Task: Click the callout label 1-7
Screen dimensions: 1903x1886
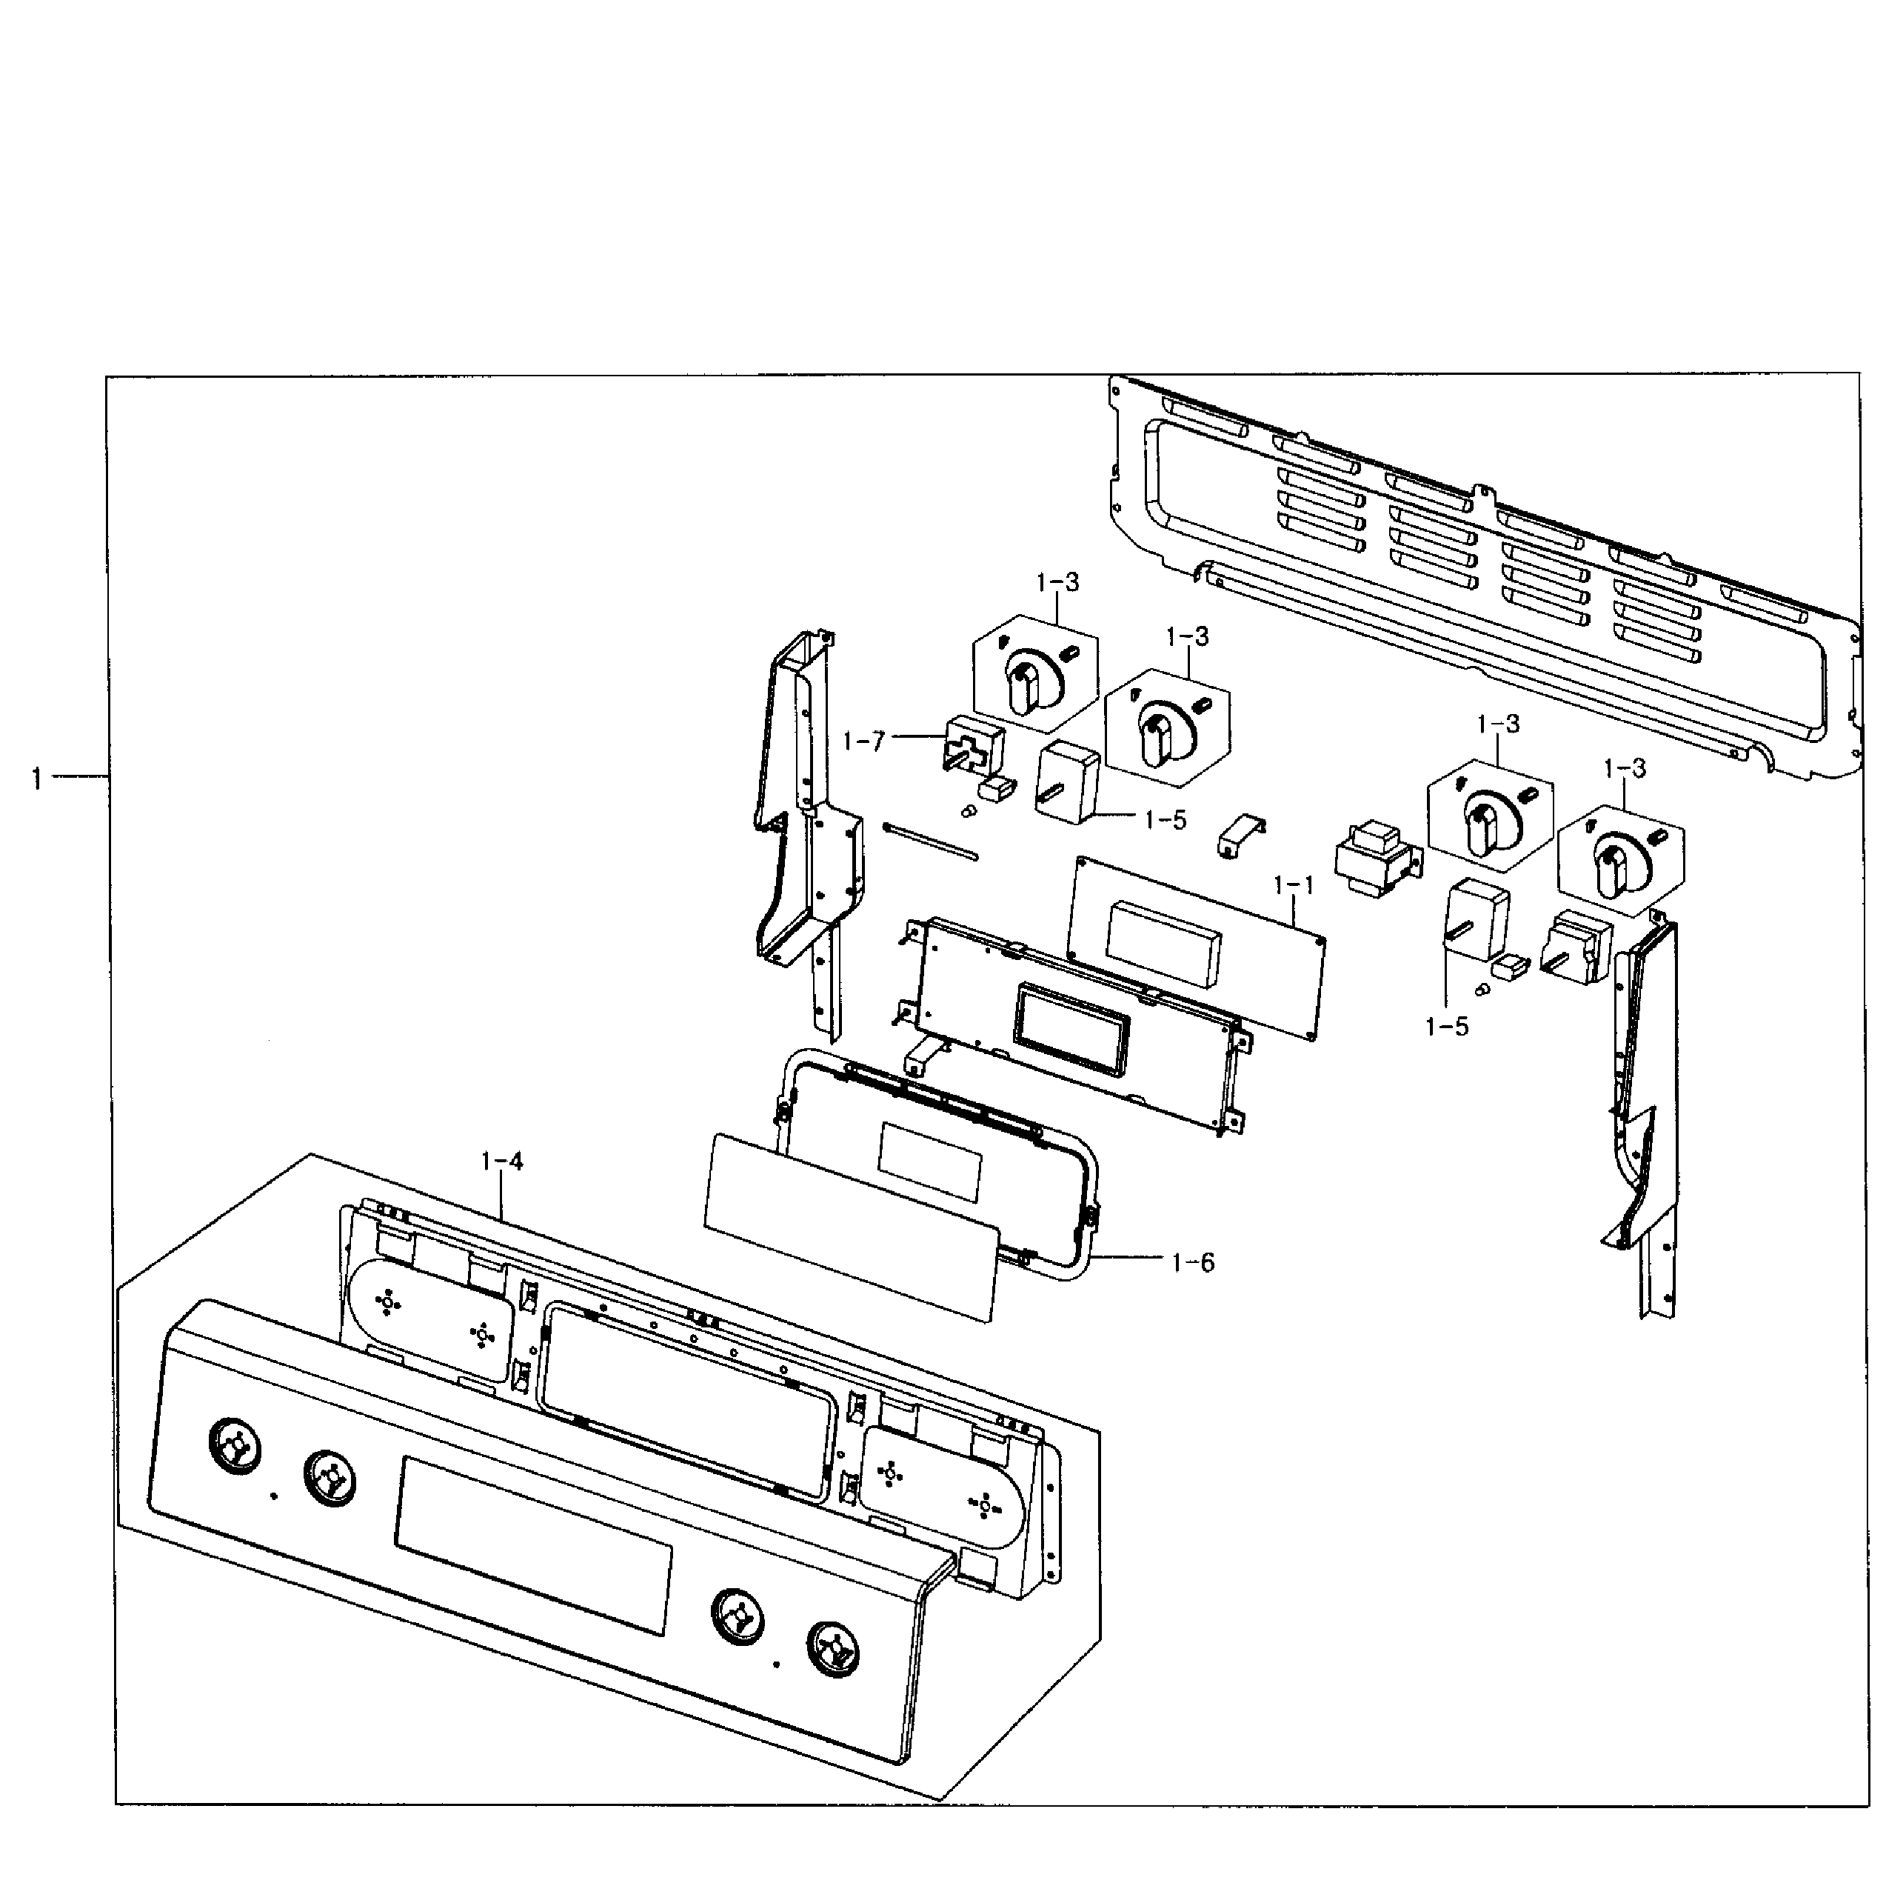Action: [x=863, y=741]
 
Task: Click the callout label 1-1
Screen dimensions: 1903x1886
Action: [x=1293, y=885]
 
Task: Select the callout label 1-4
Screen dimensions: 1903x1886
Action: [x=501, y=1162]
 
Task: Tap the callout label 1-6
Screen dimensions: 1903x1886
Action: [x=1193, y=1262]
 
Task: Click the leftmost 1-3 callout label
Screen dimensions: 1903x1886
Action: [x=1057, y=582]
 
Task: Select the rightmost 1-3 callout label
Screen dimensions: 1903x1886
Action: [x=1624, y=768]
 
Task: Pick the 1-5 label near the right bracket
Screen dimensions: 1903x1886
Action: [x=1445, y=1027]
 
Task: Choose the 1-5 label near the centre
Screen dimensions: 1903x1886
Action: [x=1165, y=819]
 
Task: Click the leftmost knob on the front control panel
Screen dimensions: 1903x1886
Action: [x=235, y=1448]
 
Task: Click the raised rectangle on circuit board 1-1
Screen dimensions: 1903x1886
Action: [x=1163, y=943]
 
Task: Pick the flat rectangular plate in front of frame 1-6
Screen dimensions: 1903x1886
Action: [x=851, y=1224]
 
